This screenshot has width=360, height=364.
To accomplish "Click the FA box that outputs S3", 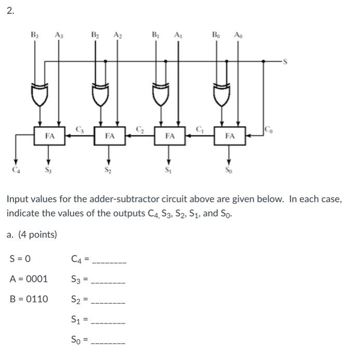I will (49, 136).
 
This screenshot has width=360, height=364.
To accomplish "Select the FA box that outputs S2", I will (110, 136).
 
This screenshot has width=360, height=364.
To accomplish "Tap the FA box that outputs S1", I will (170, 136).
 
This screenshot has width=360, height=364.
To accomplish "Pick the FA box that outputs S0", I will (230, 136).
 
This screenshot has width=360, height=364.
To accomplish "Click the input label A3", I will (59, 35).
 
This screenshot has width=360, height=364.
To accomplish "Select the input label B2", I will (96, 35).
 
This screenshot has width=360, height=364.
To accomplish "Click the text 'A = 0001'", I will (29, 279).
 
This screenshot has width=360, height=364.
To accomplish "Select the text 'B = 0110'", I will (29, 299).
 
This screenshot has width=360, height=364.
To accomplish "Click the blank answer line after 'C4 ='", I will (109, 259).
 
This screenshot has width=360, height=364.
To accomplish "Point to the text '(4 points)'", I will (37, 235).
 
